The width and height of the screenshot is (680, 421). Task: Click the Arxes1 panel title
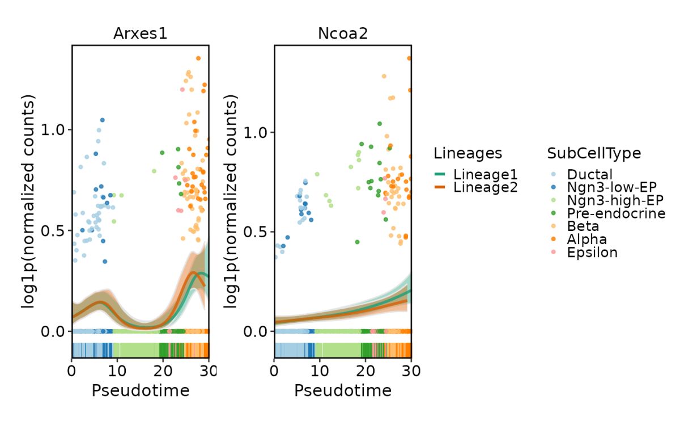140,34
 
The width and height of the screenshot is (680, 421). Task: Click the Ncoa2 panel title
343,34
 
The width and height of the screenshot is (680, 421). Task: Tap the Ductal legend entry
589,175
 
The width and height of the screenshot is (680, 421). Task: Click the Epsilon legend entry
592,252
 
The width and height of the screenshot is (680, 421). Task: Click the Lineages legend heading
467,153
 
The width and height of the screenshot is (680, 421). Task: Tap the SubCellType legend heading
594,153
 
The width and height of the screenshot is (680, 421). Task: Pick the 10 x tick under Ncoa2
320,371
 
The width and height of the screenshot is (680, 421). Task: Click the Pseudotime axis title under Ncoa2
343,390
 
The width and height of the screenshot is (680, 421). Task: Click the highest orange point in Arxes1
198,58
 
